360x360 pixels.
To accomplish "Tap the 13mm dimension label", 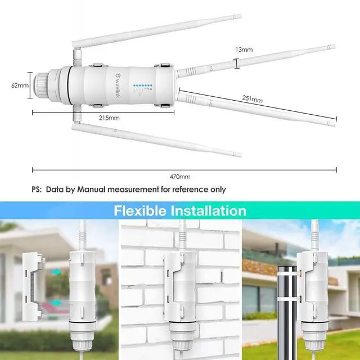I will [244, 50].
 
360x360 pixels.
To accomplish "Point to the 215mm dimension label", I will [109, 118].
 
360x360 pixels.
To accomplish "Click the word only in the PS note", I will [217, 190].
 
